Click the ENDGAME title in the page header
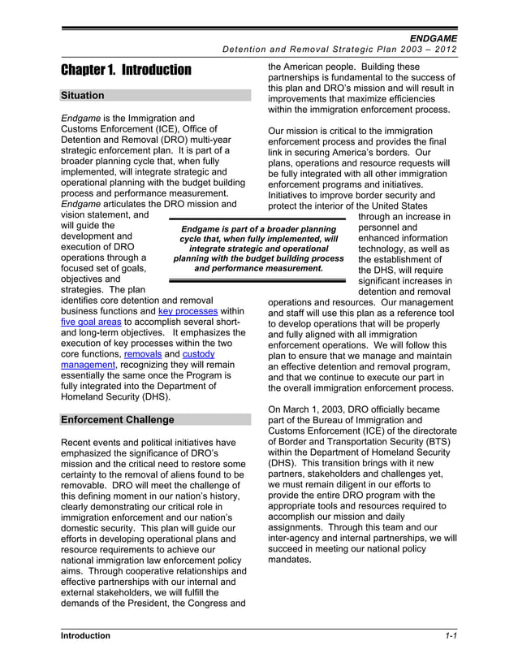(x=433, y=38)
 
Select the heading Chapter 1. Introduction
(x=126, y=70)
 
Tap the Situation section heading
(x=83, y=96)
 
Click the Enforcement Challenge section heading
(x=118, y=420)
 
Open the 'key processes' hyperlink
(x=188, y=311)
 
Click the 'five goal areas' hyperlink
(x=86, y=323)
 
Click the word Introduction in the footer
(x=85, y=636)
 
